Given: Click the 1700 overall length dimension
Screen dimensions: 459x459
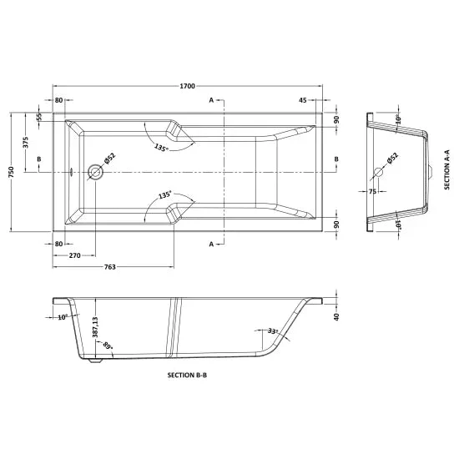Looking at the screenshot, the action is pyautogui.click(x=187, y=86).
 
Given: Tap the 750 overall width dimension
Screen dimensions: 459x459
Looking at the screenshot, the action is pyautogui.click(x=11, y=172).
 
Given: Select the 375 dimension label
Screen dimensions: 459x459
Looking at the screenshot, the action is pyautogui.click(x=26, y=143).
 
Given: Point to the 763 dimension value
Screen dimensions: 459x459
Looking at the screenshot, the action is pyautogui.click(x=110, y=267).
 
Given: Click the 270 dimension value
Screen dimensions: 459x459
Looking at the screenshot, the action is pyautogui.click(x=74, y=255).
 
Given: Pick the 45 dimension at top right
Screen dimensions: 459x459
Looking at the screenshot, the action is pyautogui.click(x=303, y=100).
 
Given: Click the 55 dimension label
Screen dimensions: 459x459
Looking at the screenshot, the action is pyautogui.click(x=39, y=117).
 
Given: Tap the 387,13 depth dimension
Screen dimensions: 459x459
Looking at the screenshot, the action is pyautogui.click(x=95, y=327).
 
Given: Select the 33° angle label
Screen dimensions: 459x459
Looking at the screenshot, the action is pyautogui.click(x=273, y=331).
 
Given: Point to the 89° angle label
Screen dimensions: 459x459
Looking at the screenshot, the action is pyautogui.click(x=108, y=346).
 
